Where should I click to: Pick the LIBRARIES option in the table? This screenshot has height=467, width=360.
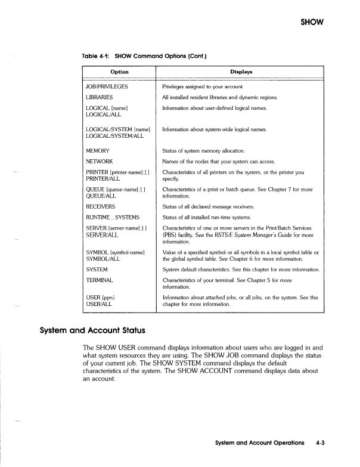100,97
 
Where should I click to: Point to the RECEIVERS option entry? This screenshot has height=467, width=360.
102,206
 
